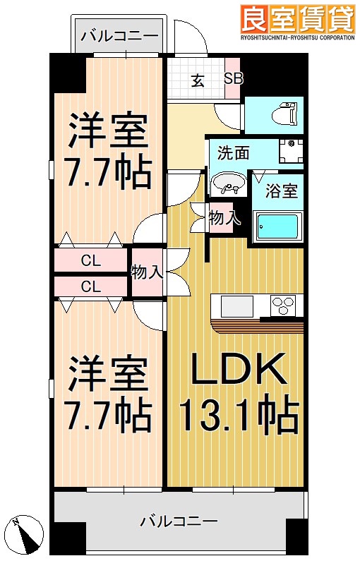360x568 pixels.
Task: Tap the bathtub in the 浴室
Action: pos(277,226)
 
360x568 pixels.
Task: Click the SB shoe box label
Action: pos(233,78)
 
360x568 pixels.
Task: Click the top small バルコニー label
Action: pos(119,35)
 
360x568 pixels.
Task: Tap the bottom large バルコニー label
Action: pos(179,523)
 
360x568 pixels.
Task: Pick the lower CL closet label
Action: pos(90,286)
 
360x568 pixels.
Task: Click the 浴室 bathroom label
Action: pos(281,191)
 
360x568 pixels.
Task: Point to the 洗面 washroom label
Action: pos(232,151)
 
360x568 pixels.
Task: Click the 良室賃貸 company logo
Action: pos(297,19)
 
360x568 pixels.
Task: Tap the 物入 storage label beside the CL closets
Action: pos(147,272)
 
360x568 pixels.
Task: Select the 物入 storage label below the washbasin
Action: pos(225,219)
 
